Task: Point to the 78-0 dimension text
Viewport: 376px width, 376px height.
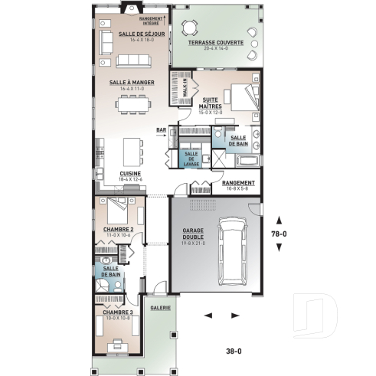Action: pyautogui.click(x=280, y=234)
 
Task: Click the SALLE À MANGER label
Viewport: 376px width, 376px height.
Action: pyautogui.click(x=132, y=82)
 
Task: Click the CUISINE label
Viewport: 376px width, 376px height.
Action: pyautogui.click(x=130, y=174)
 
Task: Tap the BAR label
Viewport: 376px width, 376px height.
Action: pyautogui.click(x=162, y=129)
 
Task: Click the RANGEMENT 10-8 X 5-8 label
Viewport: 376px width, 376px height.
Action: pyautogui.click(x=238, y=184)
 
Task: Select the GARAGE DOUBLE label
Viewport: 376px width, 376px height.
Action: pyautogui.click(x=192, y=233)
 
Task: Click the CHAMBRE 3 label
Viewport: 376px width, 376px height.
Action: pyautogui.click(x=119, y=312)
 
